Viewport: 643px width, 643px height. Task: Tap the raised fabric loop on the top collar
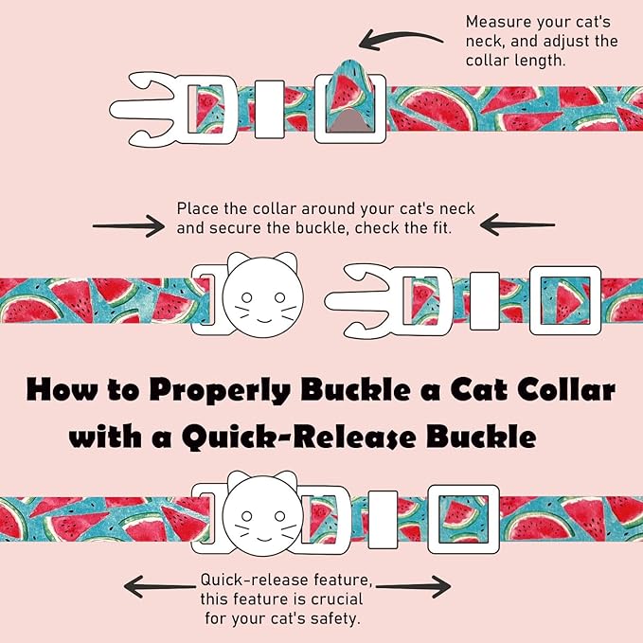pos(351,88)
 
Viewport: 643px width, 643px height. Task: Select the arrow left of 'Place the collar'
pos(129,226)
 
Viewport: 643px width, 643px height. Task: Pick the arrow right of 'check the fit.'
pos(517,224)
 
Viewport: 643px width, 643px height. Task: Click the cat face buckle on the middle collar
pos(263,295)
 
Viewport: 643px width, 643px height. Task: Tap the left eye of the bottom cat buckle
pos(246,516)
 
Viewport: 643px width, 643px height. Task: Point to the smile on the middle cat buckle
pos(263,320)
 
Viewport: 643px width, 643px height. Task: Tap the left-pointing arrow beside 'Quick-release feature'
pos(159,587)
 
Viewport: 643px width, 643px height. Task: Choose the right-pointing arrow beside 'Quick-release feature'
pos(413,586)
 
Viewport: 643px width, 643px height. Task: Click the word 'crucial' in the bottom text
pos(337,599)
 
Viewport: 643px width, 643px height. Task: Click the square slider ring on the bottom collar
pos(463,519)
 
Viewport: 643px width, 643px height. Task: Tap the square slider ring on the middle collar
pos(565,300)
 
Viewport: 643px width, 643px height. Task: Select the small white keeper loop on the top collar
pos(270,109)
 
